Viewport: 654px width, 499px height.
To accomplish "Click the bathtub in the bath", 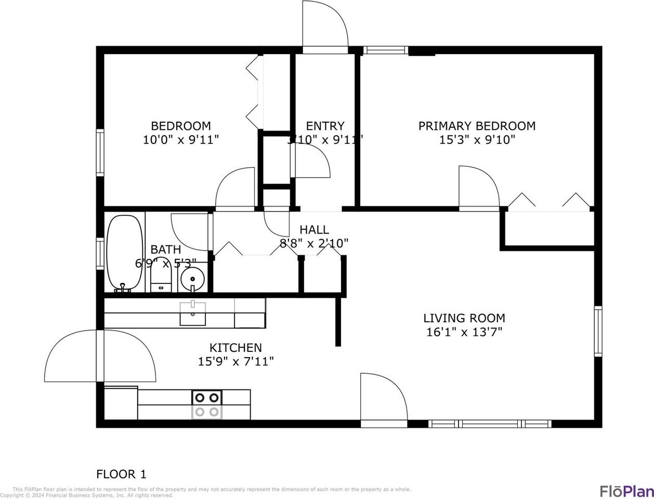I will coord(125,253).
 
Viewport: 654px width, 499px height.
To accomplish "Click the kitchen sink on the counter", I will coord(192,313).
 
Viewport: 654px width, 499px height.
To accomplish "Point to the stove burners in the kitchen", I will coord(207,404).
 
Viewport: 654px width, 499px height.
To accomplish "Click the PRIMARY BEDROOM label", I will coord(477,126).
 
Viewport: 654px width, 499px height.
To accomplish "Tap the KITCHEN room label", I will coord(236,348).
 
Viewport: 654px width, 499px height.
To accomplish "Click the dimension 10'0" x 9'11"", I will coord(181,140).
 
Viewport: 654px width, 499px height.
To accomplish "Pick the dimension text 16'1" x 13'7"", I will coord(464,332).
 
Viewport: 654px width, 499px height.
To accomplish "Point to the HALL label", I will coord(314,230).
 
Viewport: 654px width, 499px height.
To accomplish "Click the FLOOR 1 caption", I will coord(121,474).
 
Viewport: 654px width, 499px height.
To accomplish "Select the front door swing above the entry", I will coord(325,26).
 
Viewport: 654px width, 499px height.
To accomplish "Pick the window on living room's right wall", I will coord(598,331).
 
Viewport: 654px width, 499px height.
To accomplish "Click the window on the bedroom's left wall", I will coord(100,152).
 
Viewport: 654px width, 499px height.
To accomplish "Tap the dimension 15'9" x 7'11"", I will coord(236,361).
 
